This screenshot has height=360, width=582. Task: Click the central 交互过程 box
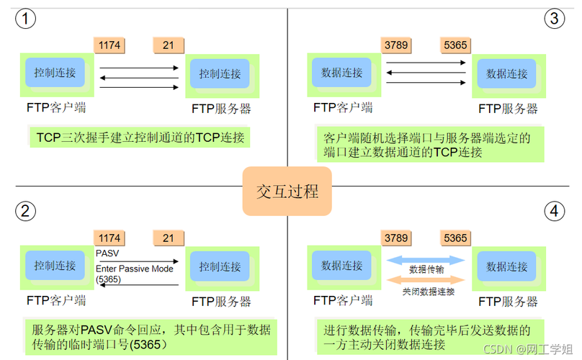287,192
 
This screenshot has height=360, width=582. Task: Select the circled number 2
26,210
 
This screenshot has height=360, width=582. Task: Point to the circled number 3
554,19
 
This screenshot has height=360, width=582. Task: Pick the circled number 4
554,211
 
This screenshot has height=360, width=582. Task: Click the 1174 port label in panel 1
110,45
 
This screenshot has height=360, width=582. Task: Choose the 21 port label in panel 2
169,238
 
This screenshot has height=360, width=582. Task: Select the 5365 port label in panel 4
455,238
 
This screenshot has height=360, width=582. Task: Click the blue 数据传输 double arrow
427,260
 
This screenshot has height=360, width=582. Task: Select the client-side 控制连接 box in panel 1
55,73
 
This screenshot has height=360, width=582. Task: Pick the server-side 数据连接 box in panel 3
507,73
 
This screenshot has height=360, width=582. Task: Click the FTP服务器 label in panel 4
508,301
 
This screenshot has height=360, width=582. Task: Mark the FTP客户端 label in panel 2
56,300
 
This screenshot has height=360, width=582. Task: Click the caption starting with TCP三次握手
140,138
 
